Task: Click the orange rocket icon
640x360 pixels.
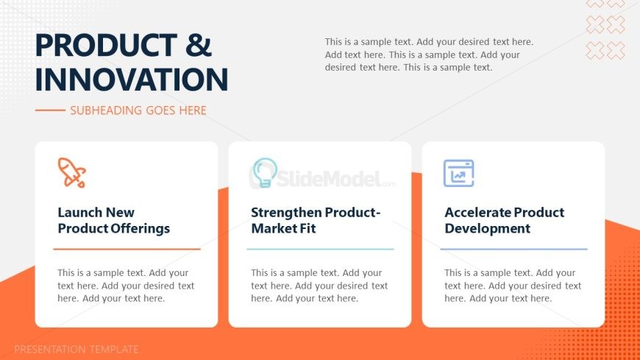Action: [x=72, y=173]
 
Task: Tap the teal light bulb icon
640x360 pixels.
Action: [x=265, y=173]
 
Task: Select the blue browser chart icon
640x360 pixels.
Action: [x=459, y=173]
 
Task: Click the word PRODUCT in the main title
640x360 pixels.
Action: [x=106, y=45]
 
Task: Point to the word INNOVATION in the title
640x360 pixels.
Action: [x=132, y=80]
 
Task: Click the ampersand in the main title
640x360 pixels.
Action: [x=199, y=45]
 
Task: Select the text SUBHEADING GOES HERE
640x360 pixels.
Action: [x=138, y=110]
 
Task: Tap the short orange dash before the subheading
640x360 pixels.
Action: [x=50, y=110]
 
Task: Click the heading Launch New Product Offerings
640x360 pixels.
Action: [x=114, y=220]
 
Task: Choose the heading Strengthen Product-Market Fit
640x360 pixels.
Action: [x=316, y=220]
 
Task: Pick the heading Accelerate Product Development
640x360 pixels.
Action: [x=505, y=220]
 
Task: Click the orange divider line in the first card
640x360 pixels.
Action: [x=127, y=249]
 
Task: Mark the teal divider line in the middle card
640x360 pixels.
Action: [x=321, y=249]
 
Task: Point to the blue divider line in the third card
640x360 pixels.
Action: [x=514, y=249]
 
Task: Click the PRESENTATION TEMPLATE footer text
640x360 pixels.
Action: [x=77, y=350]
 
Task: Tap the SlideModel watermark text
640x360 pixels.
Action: [x=329, y=179]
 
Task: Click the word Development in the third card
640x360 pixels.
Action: [x=487, y=228]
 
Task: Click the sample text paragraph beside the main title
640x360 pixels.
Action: [x=429, y=54]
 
